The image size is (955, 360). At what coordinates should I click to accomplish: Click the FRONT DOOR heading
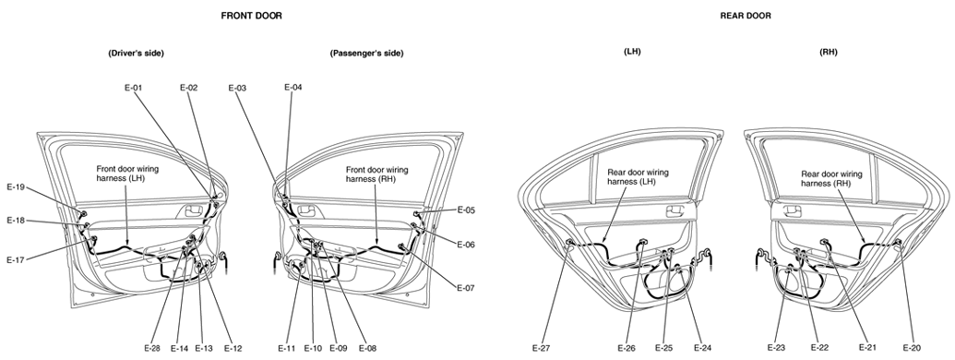click(x=251, y=16)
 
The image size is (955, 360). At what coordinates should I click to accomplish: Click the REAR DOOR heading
click(x=745, y=16)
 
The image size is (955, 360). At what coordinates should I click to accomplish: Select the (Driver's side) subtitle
click(x=136, y=53)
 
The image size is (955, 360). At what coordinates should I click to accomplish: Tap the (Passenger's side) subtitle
click(x=366, y=53)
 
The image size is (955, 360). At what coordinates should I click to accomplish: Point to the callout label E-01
click(x=134, y=88)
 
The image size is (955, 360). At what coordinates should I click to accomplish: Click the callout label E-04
click(x=292, y=87)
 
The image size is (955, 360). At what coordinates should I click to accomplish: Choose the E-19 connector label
click(x=16, y=187)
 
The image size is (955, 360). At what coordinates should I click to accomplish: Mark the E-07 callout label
click(x=466, y=288)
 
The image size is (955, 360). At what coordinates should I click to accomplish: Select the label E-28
click(x=152, y=348)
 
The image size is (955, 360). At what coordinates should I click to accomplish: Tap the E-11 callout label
click(x=287, y=348)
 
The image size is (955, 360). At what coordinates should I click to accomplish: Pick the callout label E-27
click(x=541, y=348)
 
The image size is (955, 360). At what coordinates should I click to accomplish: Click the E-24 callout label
click(x=703, y=348)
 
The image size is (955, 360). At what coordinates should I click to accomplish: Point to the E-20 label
click(x=912, y=348)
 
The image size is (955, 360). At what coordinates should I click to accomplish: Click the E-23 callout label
click(x=776, y=348)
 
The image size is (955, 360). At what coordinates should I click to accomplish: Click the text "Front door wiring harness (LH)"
click(x=126, y=174)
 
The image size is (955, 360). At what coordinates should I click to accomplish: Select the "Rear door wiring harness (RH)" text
click(x=832, y=178)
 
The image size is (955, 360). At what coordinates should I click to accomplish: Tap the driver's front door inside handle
click(x=193, y=210)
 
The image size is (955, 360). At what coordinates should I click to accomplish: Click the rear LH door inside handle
click(x=674, y=211)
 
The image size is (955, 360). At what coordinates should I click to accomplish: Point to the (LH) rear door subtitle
click(x=632, y=53)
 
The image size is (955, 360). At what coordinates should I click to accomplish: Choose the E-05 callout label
click(x=467, y=210)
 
